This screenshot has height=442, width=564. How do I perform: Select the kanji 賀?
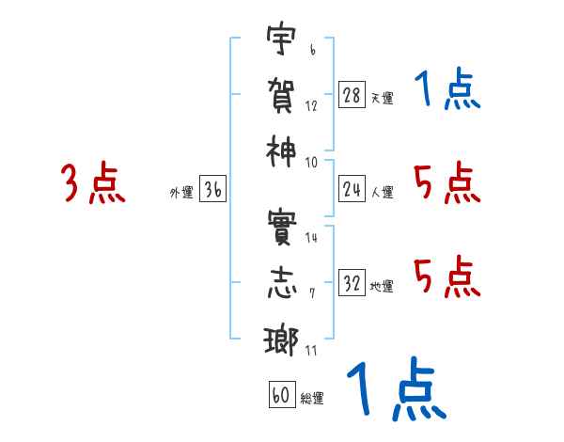(x=279, y=96)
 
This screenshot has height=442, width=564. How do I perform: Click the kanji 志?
(x=279, y=284)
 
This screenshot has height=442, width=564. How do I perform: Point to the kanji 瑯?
(x=279, y=339)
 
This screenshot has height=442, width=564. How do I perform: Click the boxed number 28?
(x=352, y=95)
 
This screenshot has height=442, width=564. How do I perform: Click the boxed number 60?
(x=281, y=396)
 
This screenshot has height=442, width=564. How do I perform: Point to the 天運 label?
(x=383, y=98)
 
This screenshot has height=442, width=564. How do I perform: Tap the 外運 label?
(x=181, y=192)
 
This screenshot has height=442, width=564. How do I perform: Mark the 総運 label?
(x=312, y=399)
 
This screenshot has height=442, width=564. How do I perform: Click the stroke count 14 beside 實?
(x=311, y=237)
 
